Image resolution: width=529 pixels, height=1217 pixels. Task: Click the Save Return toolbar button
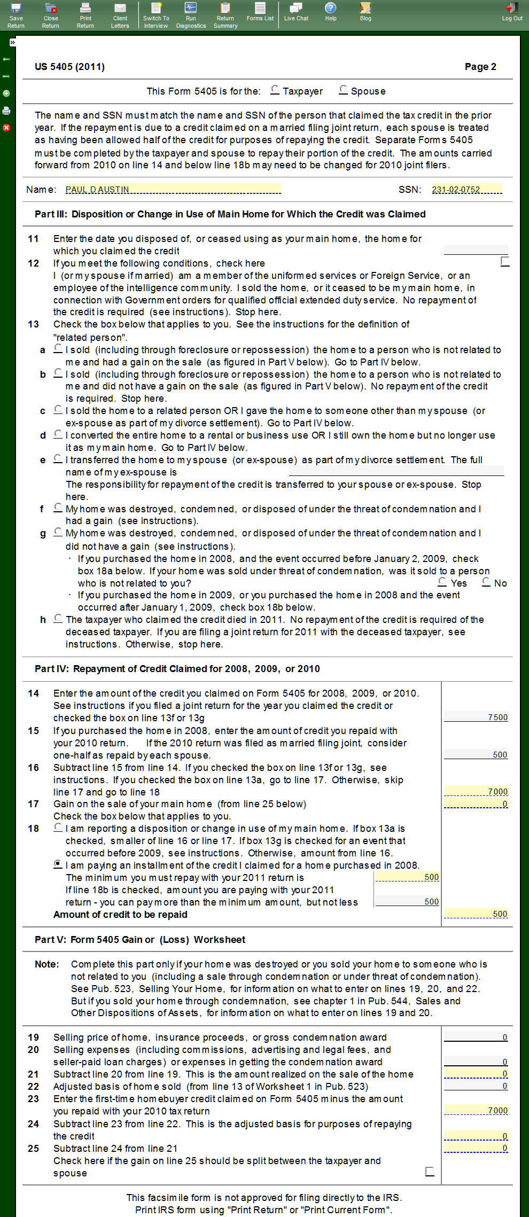16,15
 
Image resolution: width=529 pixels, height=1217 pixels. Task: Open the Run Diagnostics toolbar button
191,15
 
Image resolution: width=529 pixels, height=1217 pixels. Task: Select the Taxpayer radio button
275,90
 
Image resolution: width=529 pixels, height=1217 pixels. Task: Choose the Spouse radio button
343,90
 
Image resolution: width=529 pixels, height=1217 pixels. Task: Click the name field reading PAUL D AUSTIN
173,189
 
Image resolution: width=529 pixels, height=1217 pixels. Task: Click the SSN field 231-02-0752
466,189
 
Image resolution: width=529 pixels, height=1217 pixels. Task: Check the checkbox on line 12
505,261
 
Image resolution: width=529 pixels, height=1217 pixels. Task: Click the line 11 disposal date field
476,249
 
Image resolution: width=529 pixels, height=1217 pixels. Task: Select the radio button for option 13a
58,348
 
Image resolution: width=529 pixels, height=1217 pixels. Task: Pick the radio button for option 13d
58,434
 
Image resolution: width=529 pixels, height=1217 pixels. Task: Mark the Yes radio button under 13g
442,582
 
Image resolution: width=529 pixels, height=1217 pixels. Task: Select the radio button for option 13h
58,618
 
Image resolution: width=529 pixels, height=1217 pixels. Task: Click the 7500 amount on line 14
476,717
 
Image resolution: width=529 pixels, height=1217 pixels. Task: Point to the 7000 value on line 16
476,791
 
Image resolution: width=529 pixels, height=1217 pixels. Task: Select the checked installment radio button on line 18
58,864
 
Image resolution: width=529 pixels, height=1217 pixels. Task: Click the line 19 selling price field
476,1037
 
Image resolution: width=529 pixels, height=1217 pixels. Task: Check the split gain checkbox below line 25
430,1172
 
